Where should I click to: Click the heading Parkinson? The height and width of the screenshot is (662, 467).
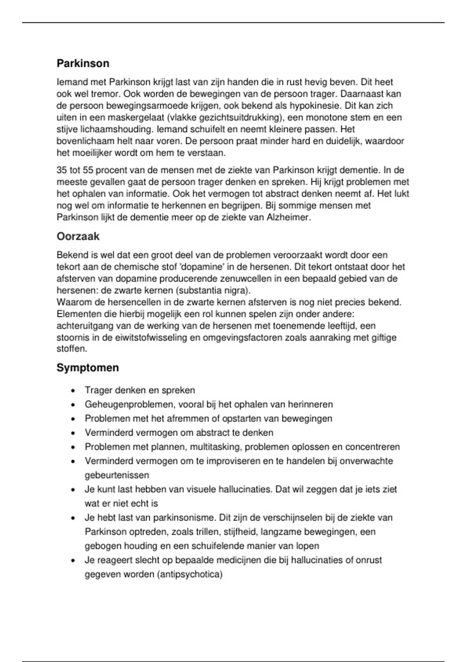click(83, 63)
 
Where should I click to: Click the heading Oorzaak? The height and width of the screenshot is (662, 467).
click(78, 236)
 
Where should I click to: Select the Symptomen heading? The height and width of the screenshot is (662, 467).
click(88, 368)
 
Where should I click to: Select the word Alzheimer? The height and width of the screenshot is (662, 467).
click(288, 217)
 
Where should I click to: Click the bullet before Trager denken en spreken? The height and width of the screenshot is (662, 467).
click(73, 391)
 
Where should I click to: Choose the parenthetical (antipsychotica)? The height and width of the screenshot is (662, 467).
click(190, 574)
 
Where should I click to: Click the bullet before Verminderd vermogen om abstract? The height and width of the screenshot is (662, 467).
click(73, 433)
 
